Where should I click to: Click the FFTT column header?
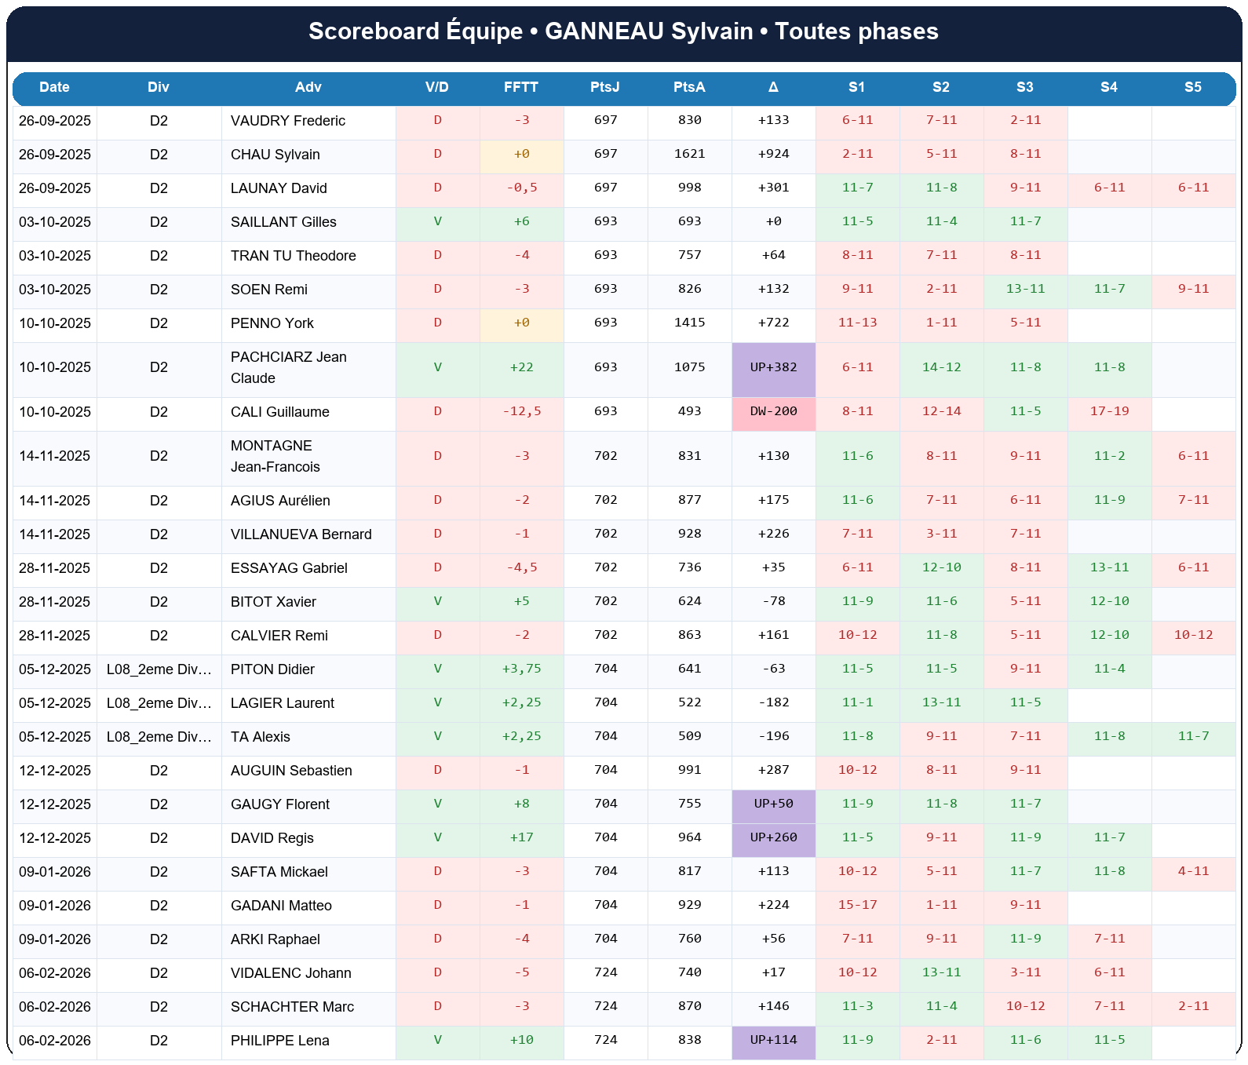tap(521, 87)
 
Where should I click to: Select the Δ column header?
tap(773, 87)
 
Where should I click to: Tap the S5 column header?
tap(1192, 87)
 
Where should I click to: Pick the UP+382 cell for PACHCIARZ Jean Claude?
tap(773, 367)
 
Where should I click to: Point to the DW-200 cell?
tap(773, 411)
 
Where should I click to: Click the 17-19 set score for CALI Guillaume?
tap(1109, 411)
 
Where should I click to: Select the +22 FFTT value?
tap(521, 367)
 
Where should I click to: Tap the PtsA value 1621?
tap(689, 154)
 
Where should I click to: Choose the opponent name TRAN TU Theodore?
tap(293, 256)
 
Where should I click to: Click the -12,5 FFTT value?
tap(521, 411)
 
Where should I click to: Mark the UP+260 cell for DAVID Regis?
tap(773, 837)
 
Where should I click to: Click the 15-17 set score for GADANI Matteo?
tap(857, 905)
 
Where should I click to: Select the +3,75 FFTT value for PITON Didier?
tap(521, 669)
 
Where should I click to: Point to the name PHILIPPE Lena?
tap(279, 1041)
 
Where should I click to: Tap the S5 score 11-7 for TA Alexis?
tap(1193, 736)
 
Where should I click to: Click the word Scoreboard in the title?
tap(373, 31)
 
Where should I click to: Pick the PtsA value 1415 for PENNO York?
tap(689, 323)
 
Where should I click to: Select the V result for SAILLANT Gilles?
tap(437, 221)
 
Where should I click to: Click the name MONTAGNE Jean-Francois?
tap(275, 456)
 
